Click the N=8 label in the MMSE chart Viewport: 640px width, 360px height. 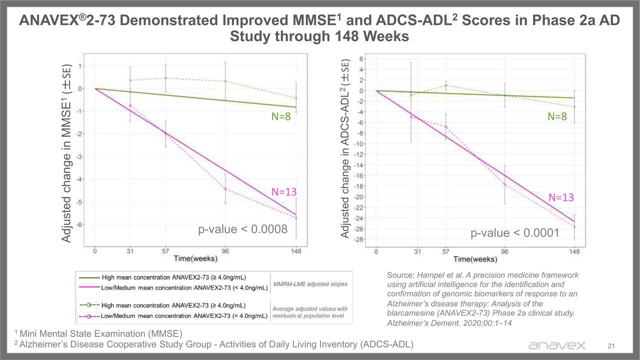(x=280, y=117)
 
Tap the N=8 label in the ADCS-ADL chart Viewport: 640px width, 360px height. (x=557, y=117)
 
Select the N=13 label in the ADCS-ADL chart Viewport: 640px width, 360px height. (x=561, y=197)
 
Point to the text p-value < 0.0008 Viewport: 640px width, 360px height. (x=242, y=229)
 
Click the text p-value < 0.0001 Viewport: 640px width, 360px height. (x=514, y=233)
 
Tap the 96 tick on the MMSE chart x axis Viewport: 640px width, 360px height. (x=225, y=251)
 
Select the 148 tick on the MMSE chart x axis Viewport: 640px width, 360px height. (x=296, y=251)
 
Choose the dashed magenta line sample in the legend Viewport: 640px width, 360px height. (x=88, y=316)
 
